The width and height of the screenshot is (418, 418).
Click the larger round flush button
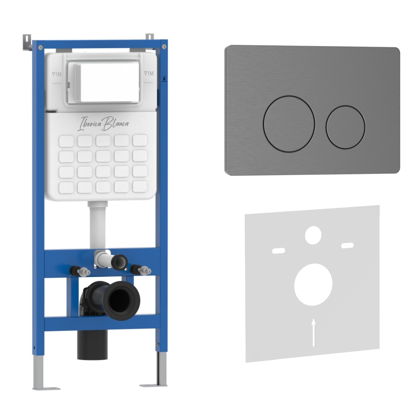pos(289,124)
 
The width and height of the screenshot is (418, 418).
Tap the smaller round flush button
pos(345,127)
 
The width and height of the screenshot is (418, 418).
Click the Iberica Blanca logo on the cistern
pos(103,123)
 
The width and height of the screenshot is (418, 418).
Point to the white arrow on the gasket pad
pos(314,332)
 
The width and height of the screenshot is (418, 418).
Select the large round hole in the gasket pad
pos(313,285)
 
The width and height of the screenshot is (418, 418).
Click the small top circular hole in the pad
pos(313,235)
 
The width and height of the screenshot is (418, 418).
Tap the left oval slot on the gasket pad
pos(278,251)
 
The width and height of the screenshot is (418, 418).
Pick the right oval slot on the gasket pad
pos(348,245)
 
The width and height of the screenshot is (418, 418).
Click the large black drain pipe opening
pos(121,300)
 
